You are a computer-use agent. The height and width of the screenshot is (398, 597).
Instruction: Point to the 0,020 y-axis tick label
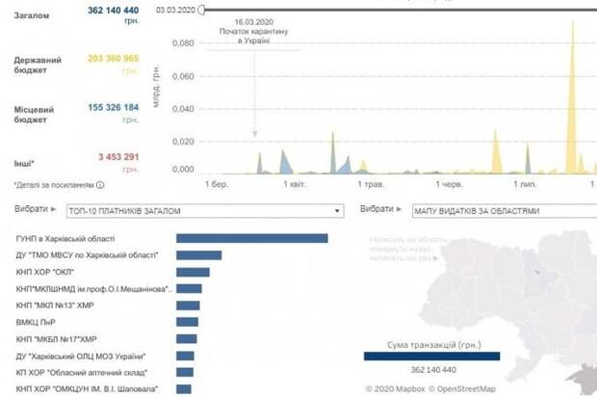(181, 141)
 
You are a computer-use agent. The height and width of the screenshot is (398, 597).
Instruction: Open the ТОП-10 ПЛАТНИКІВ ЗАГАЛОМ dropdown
(205, 209)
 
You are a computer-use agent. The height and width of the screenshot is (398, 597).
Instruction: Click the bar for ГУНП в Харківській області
(252, 238)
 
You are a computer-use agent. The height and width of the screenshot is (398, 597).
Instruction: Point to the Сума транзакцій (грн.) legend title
(430, 343)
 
